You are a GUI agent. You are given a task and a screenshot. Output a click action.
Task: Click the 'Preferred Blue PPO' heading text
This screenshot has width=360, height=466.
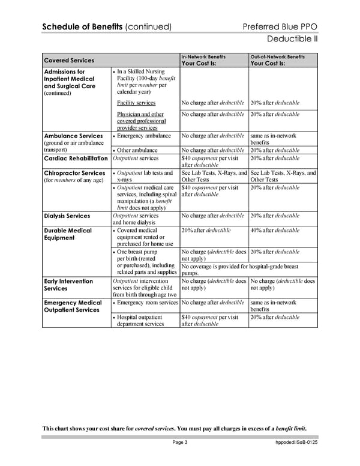point(281,27)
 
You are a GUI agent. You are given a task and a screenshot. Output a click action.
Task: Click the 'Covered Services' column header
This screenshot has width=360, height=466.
point(69,60)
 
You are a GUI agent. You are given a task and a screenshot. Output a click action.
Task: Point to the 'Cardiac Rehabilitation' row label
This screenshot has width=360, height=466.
point(76,159)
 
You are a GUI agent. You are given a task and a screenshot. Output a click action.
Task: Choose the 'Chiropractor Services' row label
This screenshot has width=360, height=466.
point(75,173)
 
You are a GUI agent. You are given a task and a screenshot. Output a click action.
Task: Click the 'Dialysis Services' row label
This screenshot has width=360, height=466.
point(68,216)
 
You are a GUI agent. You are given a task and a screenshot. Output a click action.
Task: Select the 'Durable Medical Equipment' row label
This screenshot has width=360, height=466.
point(68,234)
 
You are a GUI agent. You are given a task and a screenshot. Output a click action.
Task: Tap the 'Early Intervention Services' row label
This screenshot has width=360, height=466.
point(68,285)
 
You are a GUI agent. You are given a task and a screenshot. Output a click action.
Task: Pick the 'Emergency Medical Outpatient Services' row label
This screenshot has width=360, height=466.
point(73,306)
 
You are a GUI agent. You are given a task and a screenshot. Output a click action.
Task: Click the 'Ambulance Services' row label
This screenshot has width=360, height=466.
point(73,136)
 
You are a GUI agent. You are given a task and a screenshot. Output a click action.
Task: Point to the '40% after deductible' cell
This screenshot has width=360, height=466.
point(275,231)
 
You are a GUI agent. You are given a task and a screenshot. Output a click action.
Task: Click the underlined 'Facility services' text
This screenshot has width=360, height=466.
point(136,103)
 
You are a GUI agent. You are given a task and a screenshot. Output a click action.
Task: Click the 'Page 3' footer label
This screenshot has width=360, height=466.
point(180,443)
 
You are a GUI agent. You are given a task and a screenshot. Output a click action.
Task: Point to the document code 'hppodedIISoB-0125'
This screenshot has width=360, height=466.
point(292,443)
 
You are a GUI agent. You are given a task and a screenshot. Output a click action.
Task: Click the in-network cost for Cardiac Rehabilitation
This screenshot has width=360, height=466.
point(214,162)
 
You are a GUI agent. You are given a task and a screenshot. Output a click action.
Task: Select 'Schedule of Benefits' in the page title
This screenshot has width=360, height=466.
point(82,27)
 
